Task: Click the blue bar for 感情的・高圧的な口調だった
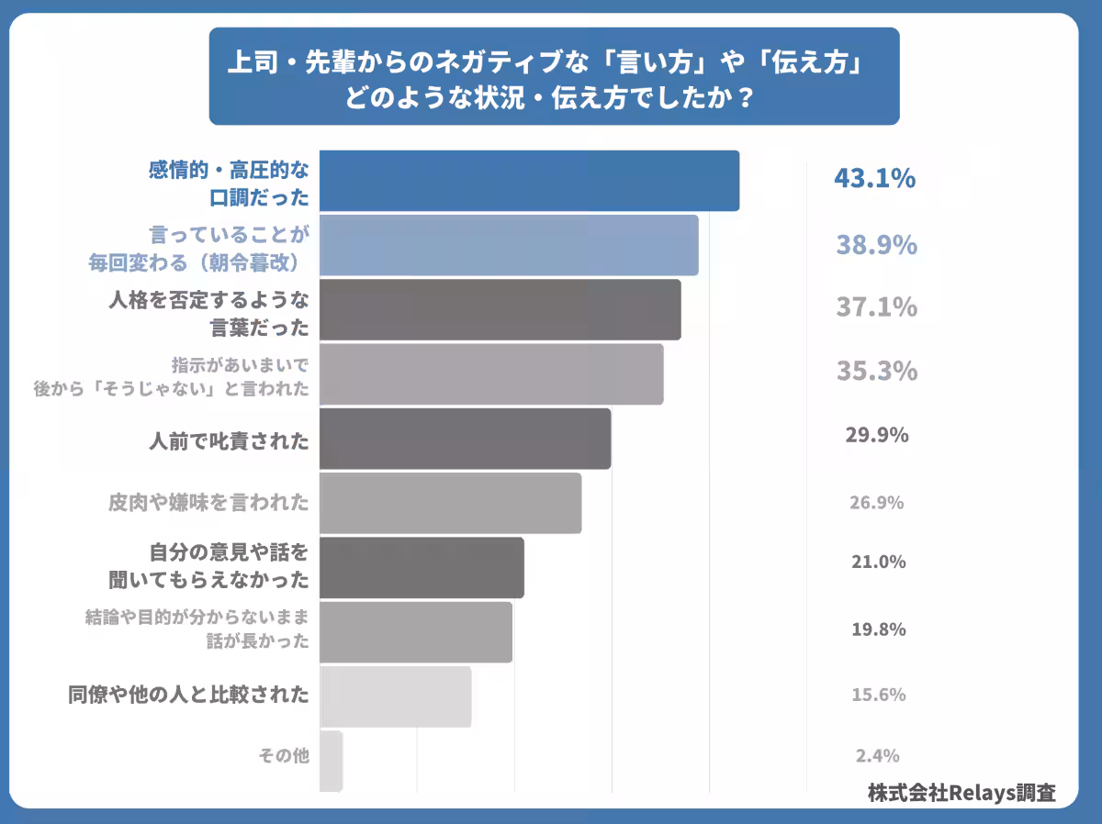pos(529,181)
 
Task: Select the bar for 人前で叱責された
pos(465,439)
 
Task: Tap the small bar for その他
pos(331,760)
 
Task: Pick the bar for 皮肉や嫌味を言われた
pos(450,503)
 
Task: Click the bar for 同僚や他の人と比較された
pos(395,696)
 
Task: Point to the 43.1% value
pos(874,179)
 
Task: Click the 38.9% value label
pos(876,245)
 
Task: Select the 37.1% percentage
pos(876,307)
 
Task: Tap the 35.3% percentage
pos(876,371)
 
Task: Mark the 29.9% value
pos(876,435)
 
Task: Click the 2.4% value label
pos(876,756)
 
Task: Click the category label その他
pos(283,756)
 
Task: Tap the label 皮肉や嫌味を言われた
pos(208,503)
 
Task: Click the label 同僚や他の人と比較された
pos(188,695)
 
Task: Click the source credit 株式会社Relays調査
pos(961,793)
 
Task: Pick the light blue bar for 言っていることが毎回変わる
pos(509,245)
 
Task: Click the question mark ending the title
pos(746,97)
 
